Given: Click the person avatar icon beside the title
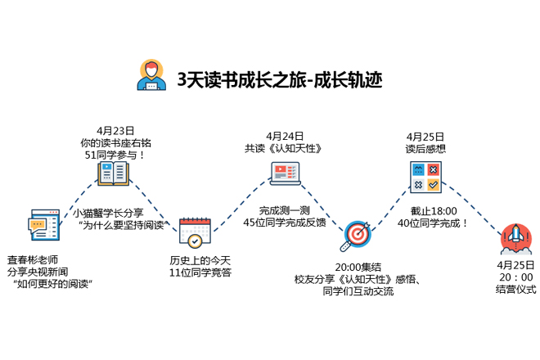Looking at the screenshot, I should click(x=150, y=74).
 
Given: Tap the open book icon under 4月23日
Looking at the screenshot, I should click(x=114, y=173).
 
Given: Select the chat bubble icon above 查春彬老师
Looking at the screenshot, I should click(x=43, y=223).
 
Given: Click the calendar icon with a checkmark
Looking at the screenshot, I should click(x=195, y=232).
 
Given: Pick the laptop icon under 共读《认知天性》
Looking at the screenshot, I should click(x=285, y=173).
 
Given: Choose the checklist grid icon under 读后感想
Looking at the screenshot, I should click(x=425, y=177).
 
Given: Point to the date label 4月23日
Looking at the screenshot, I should click(x=115, y=130).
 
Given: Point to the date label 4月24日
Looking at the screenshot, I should click(x=285, y=136).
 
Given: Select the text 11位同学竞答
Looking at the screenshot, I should click(x=195, y=272).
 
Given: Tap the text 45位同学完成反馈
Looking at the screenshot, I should click(x=284, y=222).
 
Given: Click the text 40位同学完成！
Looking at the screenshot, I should click(x=433, y=222).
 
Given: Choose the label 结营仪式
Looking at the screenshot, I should click(x=515, y=289).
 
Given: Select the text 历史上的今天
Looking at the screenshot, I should click(x=195, y=260).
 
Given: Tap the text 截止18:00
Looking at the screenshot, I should click(x=433, y=210).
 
